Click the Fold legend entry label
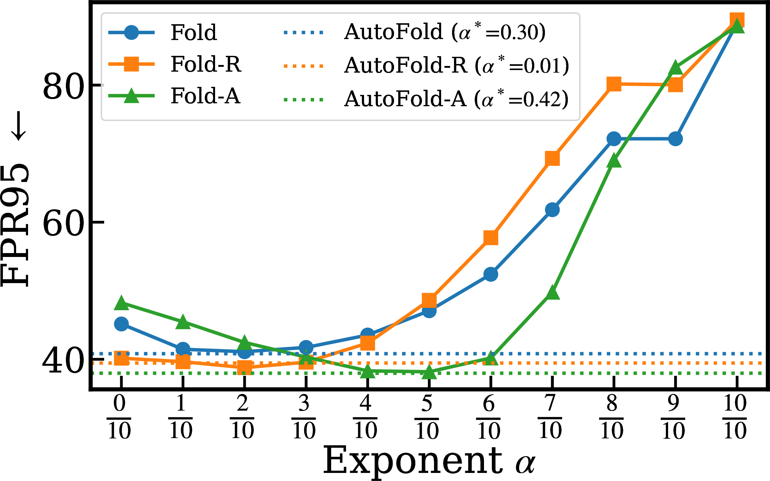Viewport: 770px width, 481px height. click(194, 32)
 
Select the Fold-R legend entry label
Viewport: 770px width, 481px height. click(206, 64)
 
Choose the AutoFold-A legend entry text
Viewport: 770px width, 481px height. click(456, 98)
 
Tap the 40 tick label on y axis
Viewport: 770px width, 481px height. click(64, 361)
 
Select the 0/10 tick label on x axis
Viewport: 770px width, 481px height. click(119, 417)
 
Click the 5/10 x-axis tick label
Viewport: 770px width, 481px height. click(427, 417)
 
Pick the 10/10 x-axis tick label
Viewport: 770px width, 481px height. click(735, 417)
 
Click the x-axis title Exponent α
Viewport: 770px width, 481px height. click(429, 461)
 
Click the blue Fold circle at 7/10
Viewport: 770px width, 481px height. click(552, 210)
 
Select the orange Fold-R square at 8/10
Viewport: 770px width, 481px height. click(614, 84)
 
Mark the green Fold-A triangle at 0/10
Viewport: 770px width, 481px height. click(122, 302)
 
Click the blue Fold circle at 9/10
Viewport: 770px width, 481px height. click(676, 139)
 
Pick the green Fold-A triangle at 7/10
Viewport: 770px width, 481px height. click(552, 292)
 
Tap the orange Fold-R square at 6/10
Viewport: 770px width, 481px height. click(491, 238)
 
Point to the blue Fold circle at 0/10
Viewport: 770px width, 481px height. click(122, 324)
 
